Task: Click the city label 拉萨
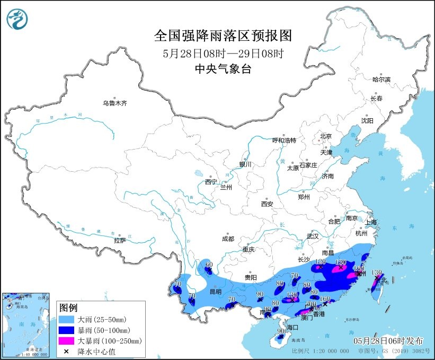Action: click(120, 240)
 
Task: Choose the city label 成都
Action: click(228, 239)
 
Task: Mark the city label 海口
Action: click(292, 328)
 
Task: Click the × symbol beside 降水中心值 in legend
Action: click(67, 351)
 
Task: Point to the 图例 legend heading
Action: click(68, 308)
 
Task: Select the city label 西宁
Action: click(211, 182)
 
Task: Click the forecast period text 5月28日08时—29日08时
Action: click(223, 53)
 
